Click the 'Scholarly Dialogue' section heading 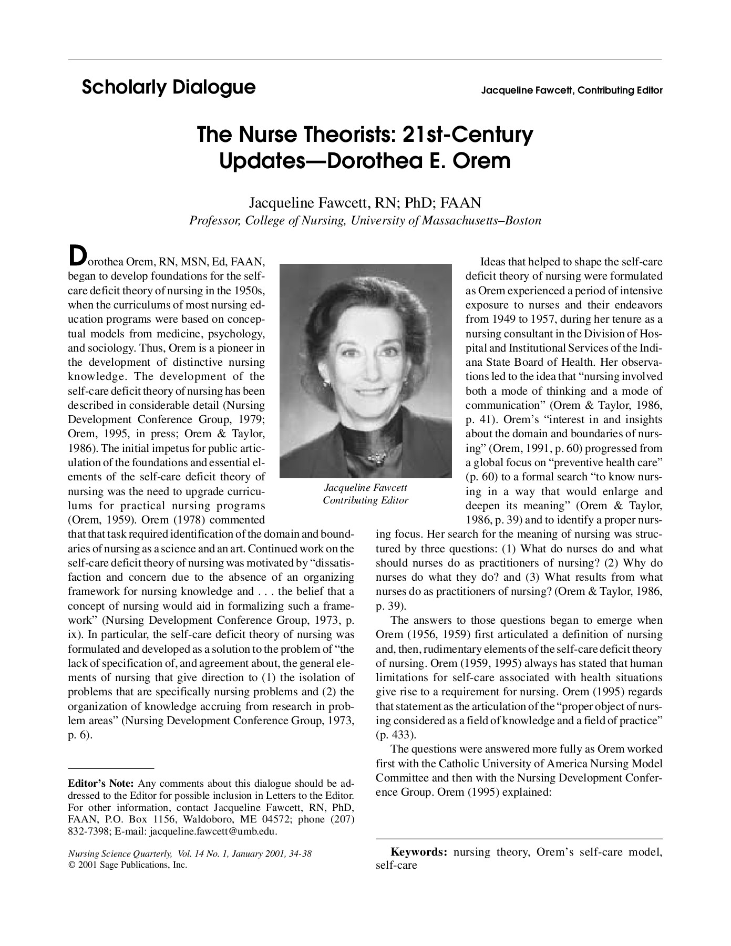(x=169, y=87)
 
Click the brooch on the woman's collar (x=376, y=458)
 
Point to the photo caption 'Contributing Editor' (x=365, y=500)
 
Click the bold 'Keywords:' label (x=418, y=852)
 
